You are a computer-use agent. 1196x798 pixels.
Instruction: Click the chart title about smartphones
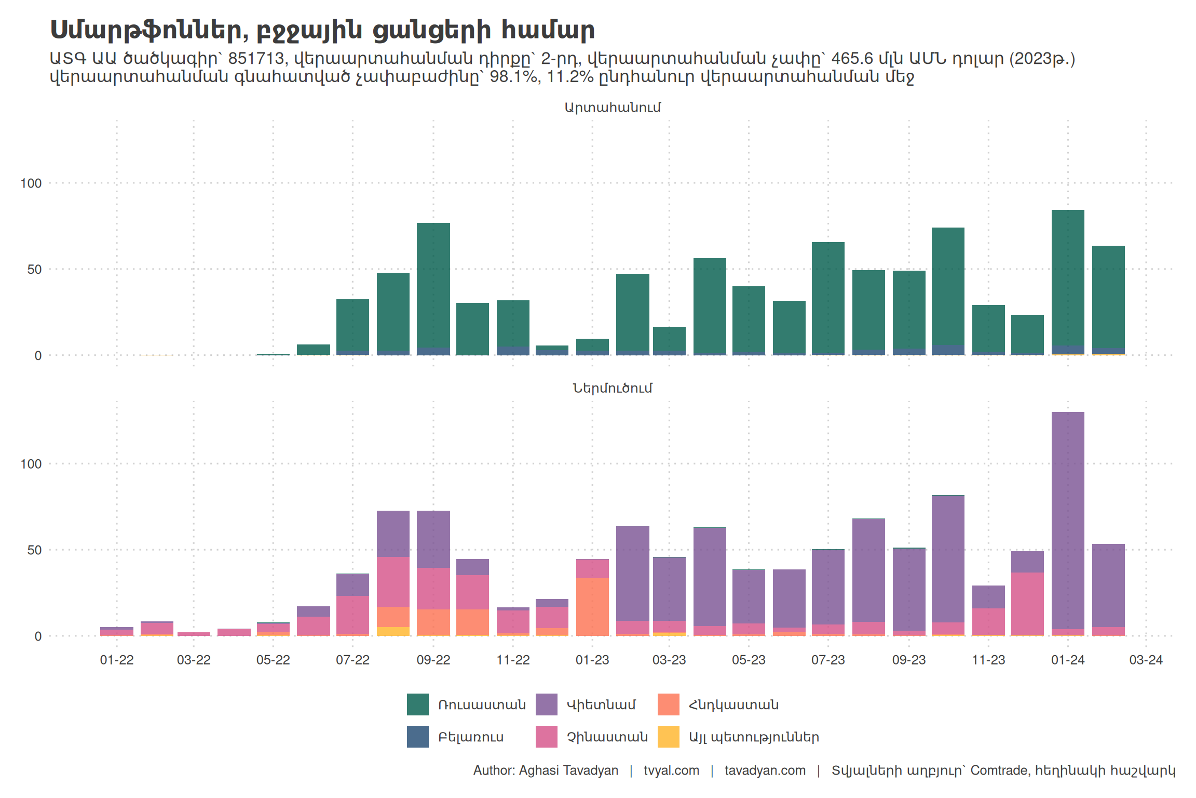coord(322,30)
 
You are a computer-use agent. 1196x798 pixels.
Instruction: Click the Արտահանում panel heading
coord(613,108)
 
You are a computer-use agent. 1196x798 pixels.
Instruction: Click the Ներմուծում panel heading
coord(613,388)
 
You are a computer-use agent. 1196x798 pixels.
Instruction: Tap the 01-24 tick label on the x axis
coord(1068,660)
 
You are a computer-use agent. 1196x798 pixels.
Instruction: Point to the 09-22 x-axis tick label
coord(433,660)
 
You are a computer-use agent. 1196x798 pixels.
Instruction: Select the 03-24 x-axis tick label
coord(1146,660)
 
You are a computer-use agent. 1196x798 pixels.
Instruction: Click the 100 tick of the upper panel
coord(31,183)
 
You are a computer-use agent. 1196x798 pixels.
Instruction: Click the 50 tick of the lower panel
coord(34,550)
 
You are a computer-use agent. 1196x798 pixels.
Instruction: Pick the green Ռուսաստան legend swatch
coord(417,704)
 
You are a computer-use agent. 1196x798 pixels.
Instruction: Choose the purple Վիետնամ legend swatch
coord(546,704)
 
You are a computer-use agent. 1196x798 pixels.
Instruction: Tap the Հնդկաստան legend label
coord(733,705)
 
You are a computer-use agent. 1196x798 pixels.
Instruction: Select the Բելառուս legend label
coord(471,737)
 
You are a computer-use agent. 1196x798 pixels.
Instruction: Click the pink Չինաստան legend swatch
coord(546,737)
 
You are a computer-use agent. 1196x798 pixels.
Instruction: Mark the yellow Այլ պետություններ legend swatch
coord(668,737)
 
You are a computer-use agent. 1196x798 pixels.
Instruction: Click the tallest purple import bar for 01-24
coord(1068,520)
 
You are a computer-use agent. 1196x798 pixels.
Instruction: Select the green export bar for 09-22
coord(433,286)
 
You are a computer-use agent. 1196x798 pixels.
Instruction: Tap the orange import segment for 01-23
coord(592,607)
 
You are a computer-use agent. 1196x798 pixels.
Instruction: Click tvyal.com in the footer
coord(671,770)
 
